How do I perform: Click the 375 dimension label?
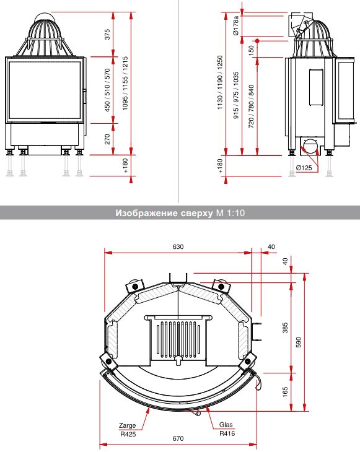pos(107,34)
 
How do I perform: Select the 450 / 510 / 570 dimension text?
pos(107,90)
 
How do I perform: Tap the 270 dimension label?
pos(107,139)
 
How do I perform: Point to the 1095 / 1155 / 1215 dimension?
pos(125,83)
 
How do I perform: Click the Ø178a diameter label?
pos(236,25)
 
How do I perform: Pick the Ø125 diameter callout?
pos(304,168)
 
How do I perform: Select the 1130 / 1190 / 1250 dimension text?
pos(220,82)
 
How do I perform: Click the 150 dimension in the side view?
pos(251,50)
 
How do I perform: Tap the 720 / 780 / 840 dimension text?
pos(251,106)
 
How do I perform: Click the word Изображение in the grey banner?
pos(146,213)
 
